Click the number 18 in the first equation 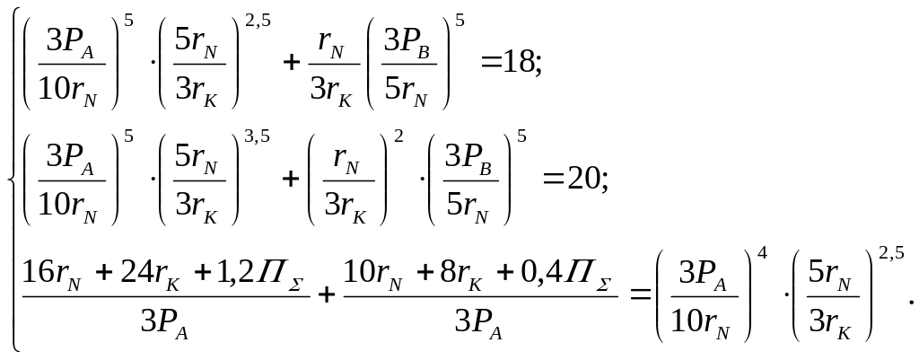(x=518, y=61)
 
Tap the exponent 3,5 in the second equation (x=257, y=137)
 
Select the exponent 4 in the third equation (x=762, y=254)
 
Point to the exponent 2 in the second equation (x=398, y=137)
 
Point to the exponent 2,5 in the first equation (x=258, y=22)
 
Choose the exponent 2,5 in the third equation (x=891, y=254)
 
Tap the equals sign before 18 (x=491, y=62)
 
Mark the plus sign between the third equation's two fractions (x=326, y=294)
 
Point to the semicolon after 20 (x=604, y=182)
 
